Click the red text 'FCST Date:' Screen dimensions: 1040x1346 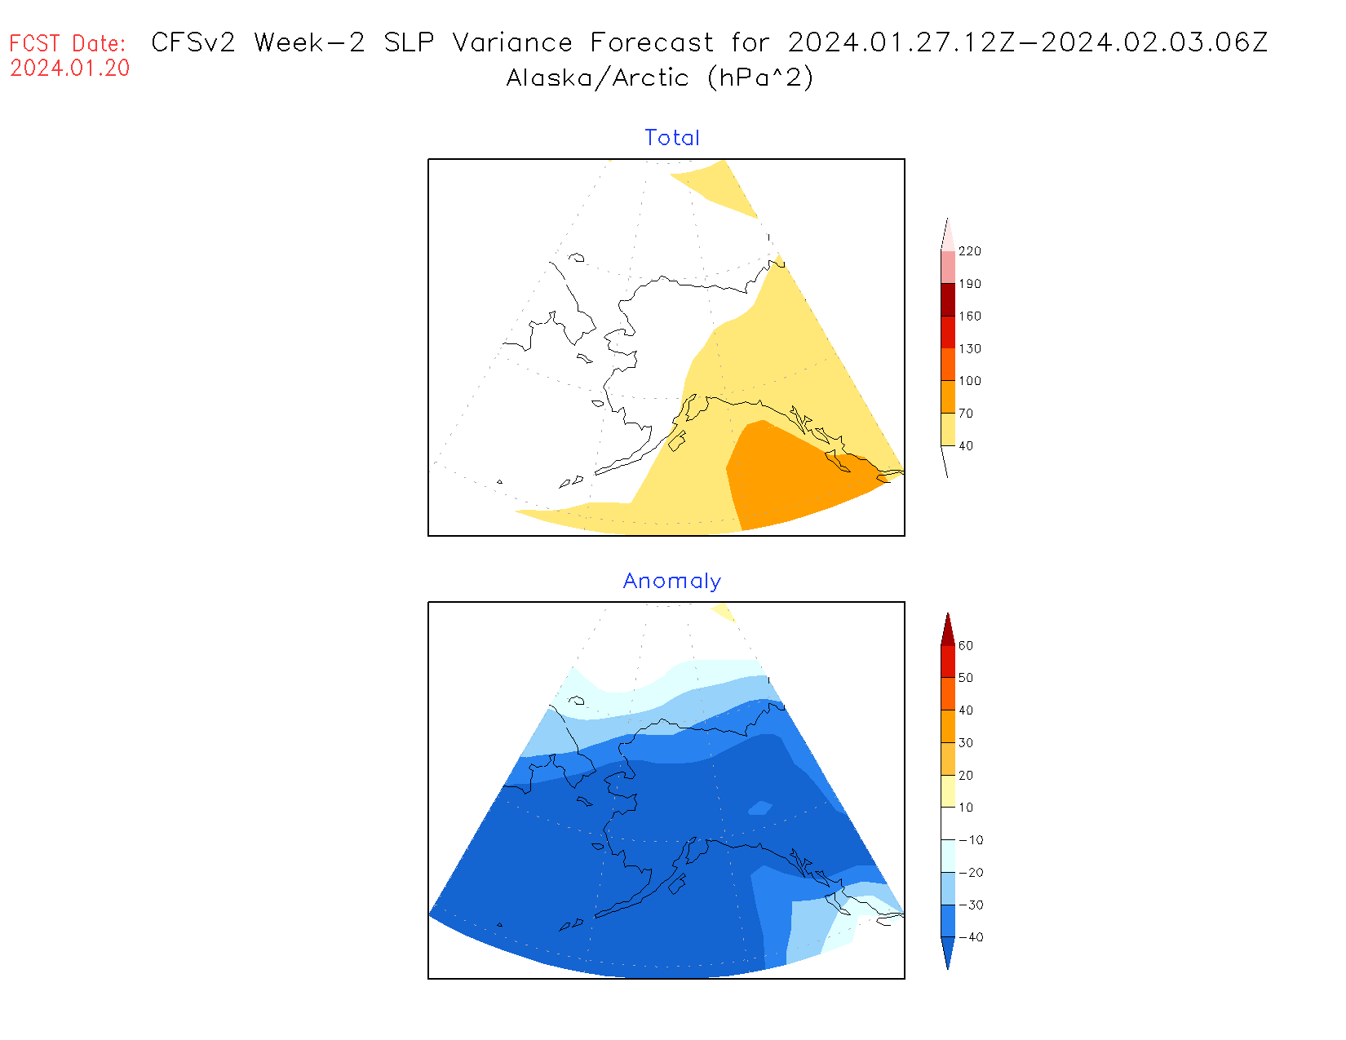(68, 43)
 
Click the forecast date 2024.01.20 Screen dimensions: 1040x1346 (70, 69)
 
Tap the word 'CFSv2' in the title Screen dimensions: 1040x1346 (193, 42)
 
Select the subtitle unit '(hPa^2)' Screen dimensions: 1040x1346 (760, 77)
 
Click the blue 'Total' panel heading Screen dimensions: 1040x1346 (672, 138)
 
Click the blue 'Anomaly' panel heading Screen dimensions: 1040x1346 (672, 581)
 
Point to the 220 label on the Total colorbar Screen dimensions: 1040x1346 (970, 251)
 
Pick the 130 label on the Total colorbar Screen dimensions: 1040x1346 (970, 348)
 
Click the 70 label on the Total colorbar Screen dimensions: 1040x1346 (966, 414)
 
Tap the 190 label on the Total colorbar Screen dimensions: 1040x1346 (970, 284)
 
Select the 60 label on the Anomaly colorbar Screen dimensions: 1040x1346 (966, 645)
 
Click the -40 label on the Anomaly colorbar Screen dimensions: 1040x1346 (970, 937)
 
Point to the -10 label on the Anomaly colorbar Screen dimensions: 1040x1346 (970, 840)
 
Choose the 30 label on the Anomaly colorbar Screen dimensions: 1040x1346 (966, 742)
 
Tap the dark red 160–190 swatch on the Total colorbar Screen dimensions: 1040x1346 (948, 299)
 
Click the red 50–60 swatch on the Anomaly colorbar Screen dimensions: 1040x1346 (948, 662)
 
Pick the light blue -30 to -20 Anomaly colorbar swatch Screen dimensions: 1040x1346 (948, 888)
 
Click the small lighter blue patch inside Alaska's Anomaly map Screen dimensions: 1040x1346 (760, 808)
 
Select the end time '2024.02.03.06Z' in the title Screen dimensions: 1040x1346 (1154, 42)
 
